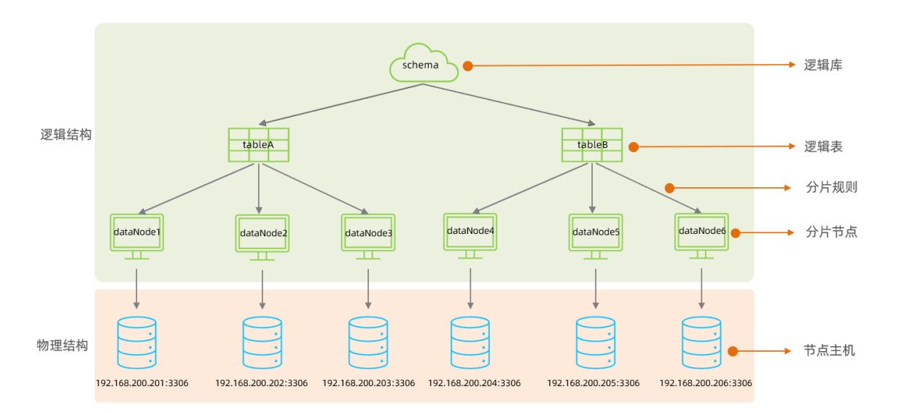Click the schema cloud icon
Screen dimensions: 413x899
tap(424, 63)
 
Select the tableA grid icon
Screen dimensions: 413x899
tap(258, 144)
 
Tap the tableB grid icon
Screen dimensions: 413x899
tap(591, 144)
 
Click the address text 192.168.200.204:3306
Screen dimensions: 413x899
tap(474, 383)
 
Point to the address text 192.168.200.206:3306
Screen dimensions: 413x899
tap(705, 383)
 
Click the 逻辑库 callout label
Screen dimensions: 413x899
tap(823, 66)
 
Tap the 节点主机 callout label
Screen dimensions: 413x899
tap(830, 351)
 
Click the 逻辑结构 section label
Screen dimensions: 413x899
tap(66, 135)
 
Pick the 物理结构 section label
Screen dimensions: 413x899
tap(62, 345)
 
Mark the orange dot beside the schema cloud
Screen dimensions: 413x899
tap(468, 66)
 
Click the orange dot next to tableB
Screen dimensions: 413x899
tap(634, 147)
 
